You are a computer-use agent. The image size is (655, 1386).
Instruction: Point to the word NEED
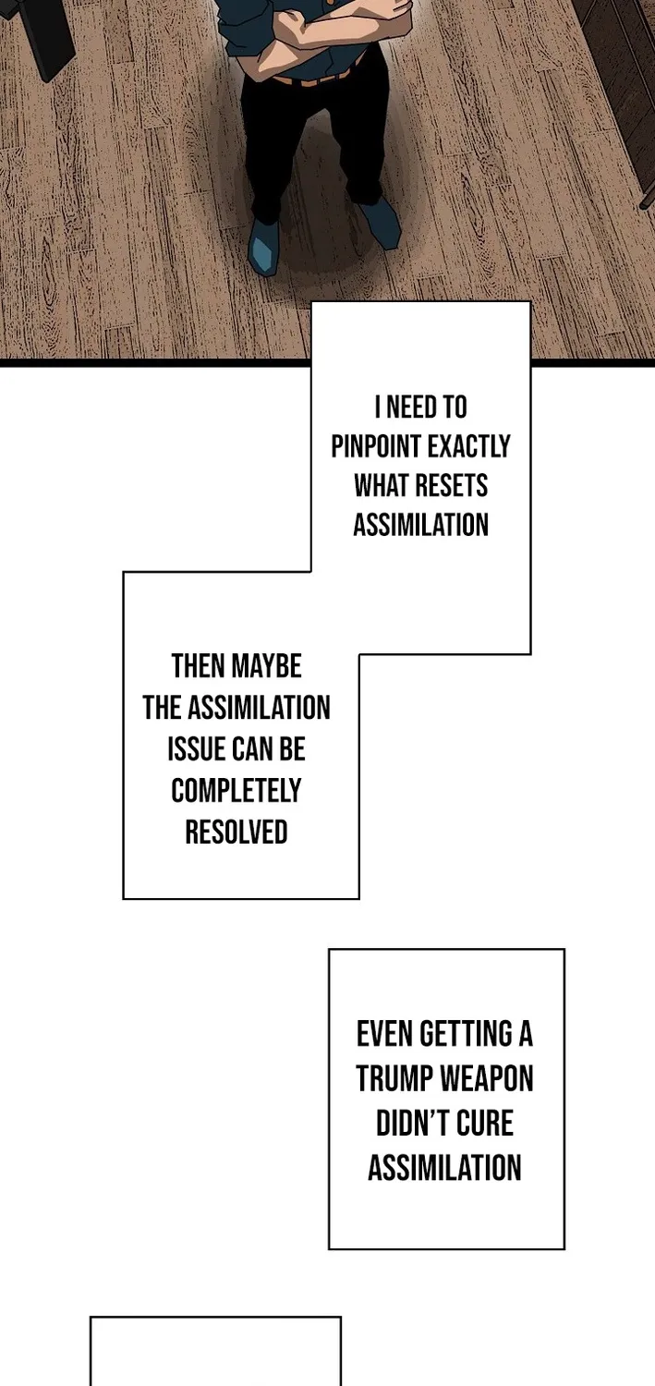click(x=413, y=407)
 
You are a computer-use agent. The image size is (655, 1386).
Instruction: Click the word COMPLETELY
click(x=237, y=791)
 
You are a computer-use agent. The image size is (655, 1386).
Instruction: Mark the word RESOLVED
click(x=237, y=833)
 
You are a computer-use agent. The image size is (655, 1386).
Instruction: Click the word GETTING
click(x=467, y=1034)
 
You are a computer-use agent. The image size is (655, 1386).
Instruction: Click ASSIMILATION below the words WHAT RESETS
click(x=420, y=525)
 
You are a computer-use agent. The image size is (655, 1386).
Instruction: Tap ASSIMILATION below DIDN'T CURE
click(x=444, y=1168)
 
